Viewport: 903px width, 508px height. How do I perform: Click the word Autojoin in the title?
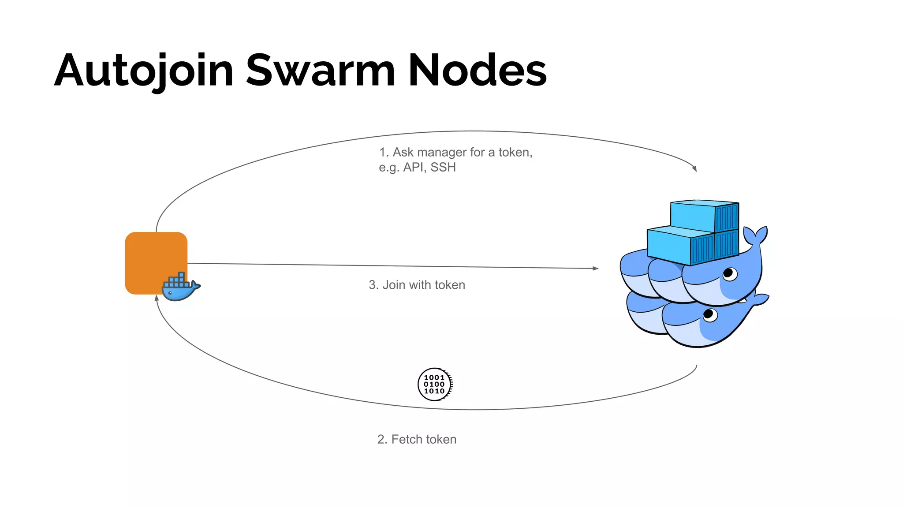(x=143, y=71)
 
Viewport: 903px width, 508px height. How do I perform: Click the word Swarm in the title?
(x=320, y=71)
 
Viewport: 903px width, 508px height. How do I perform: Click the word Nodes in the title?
(x=477, y=71)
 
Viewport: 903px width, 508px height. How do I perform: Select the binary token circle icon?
(x=435, y=385)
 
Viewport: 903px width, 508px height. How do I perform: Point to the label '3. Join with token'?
(x=417, y=285)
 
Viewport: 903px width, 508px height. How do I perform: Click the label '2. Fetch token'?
(x=417, y=439)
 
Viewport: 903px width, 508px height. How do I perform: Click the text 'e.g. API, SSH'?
(x=417, y=168)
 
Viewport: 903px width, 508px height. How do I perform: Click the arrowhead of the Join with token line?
(x=596, y=268)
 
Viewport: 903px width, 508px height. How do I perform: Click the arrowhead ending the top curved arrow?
(x=694, y=168)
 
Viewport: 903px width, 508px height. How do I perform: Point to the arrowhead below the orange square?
(x=157, y=299)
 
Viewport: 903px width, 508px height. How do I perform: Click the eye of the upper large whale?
(x=728, y=273)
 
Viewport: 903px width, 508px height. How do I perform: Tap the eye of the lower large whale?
(x=709, y=314)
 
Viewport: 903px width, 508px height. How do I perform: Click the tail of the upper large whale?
(x=756, y=236)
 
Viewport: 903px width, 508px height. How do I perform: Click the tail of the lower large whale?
(x=759, y=300)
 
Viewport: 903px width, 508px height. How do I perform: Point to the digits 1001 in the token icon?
(x=434, y=377)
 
